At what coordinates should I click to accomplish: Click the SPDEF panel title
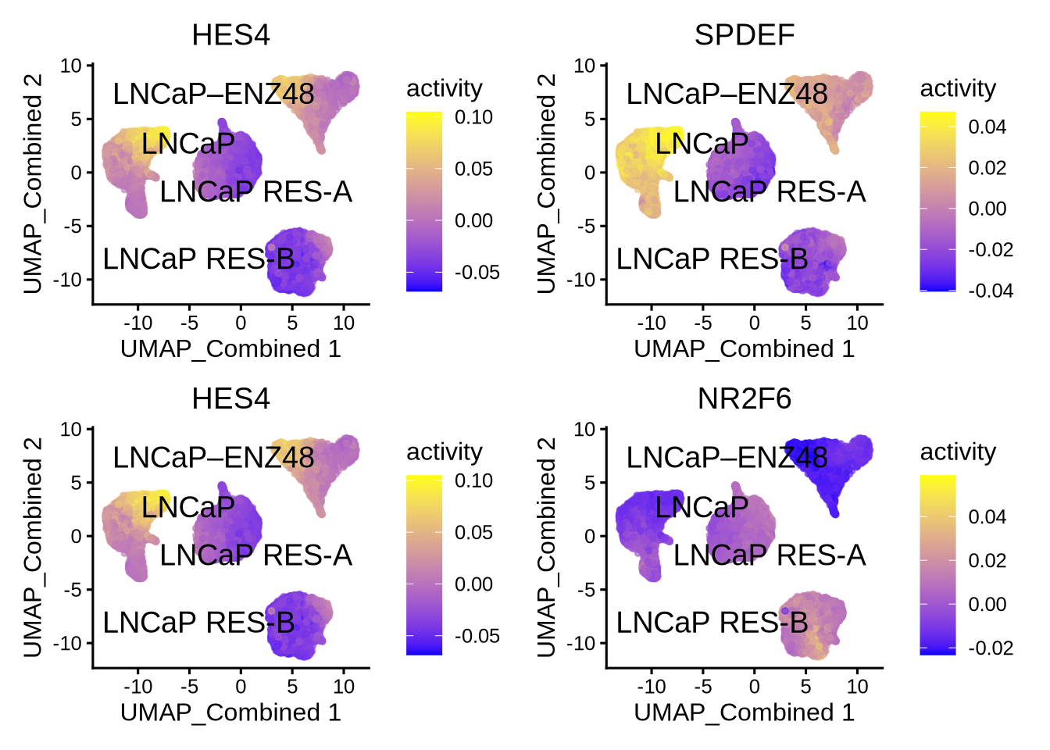[744, 35]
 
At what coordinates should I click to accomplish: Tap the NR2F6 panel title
[744, 398]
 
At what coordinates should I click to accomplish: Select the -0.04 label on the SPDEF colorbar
[991, 291]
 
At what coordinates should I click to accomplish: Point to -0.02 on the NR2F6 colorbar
[991, 648]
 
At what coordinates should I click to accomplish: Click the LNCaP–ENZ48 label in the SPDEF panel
[727, 95]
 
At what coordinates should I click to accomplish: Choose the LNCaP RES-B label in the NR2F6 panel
[712, 623]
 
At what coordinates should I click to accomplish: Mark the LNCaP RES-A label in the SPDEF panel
[770, 192]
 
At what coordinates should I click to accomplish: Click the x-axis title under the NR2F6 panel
[744, 712]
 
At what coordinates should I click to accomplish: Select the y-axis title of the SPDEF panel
[546, 184]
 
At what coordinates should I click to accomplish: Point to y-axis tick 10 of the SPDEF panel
[584, 66]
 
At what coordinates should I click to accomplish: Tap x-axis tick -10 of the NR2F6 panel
[651, 687]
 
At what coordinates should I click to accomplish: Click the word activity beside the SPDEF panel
[958, 89]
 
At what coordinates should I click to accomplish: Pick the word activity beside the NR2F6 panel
[958, 452]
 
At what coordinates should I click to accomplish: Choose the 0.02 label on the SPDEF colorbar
[987, 168]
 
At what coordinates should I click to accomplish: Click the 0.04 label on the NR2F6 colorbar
[987, 516]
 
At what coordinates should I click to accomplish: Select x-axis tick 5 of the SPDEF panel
[805, 323]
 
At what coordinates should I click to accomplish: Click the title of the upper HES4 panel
[230, 35]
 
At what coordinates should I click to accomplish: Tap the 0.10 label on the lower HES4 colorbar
[473, 480]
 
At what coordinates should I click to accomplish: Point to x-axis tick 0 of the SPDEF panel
[754, 323]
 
